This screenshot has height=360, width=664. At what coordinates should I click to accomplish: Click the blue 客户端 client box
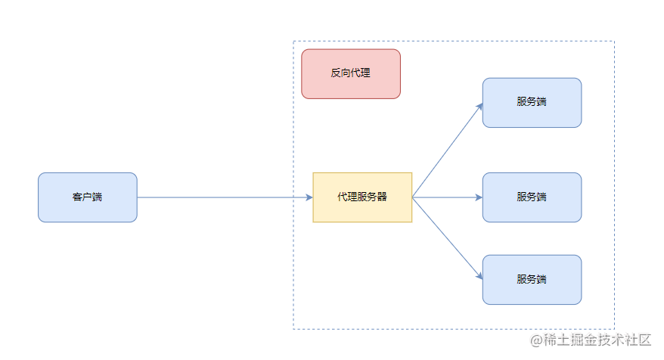coord(88,197)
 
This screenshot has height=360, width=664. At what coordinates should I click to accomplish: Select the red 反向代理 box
coord(351,74)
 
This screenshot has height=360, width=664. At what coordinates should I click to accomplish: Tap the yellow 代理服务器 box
coord(362,197)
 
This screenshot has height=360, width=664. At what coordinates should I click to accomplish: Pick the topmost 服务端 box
coord(532,103)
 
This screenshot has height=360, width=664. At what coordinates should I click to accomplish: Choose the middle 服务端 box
coord(532,197)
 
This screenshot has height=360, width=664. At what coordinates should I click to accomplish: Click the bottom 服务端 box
coord(532,280)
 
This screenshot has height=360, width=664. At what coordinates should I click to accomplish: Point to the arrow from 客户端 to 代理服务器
coord(225,197)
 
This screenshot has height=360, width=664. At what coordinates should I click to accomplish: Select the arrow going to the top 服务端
coord(448,151)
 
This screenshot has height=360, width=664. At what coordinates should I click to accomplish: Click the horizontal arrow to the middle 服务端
coord(448,197)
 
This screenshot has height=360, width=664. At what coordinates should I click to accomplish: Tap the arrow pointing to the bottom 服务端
coord(448,238)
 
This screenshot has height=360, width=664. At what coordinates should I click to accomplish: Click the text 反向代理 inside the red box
coord(351,73)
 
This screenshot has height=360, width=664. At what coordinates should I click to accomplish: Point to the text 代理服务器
coord(362,197)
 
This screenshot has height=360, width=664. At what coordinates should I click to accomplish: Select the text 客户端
coord(87,197)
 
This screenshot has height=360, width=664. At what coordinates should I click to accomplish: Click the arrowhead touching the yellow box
coord(309,197)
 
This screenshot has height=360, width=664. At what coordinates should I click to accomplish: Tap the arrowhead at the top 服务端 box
coord(479,107)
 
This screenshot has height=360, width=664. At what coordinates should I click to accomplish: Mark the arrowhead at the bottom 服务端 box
coord(479,276)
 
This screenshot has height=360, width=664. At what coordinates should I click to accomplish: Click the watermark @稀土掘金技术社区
coord(591,340)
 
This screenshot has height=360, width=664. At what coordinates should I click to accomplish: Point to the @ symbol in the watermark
coord(536,340)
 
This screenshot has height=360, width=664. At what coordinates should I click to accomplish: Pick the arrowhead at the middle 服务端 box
coord(479,197)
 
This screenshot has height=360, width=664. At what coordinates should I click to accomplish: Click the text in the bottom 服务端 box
coord(532,279)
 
